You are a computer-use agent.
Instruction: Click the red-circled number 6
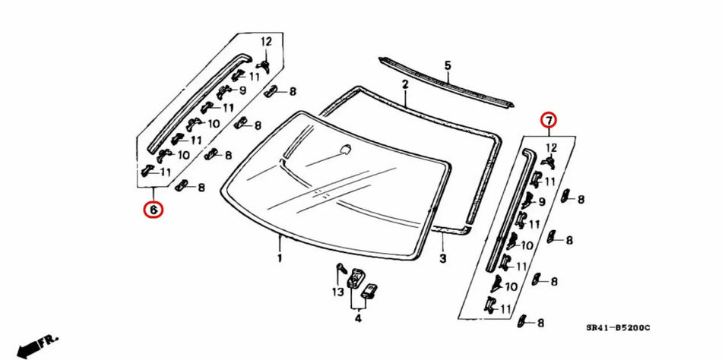click(154, 209)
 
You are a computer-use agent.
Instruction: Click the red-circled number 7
click(548, 120)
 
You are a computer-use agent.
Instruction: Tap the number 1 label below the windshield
click(280, 258)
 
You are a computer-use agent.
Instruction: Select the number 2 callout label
click(405, 84)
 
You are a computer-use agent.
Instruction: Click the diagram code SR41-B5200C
click(618, 328)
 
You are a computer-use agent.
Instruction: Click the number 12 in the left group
click(267, 40)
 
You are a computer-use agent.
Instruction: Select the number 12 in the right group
click(551, 147)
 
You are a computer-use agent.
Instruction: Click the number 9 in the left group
click(242, 90)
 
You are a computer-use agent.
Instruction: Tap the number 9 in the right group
click(542, 202)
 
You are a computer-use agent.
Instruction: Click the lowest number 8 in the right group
click(540, 323)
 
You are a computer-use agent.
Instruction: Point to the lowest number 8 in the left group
click(201, 187)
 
